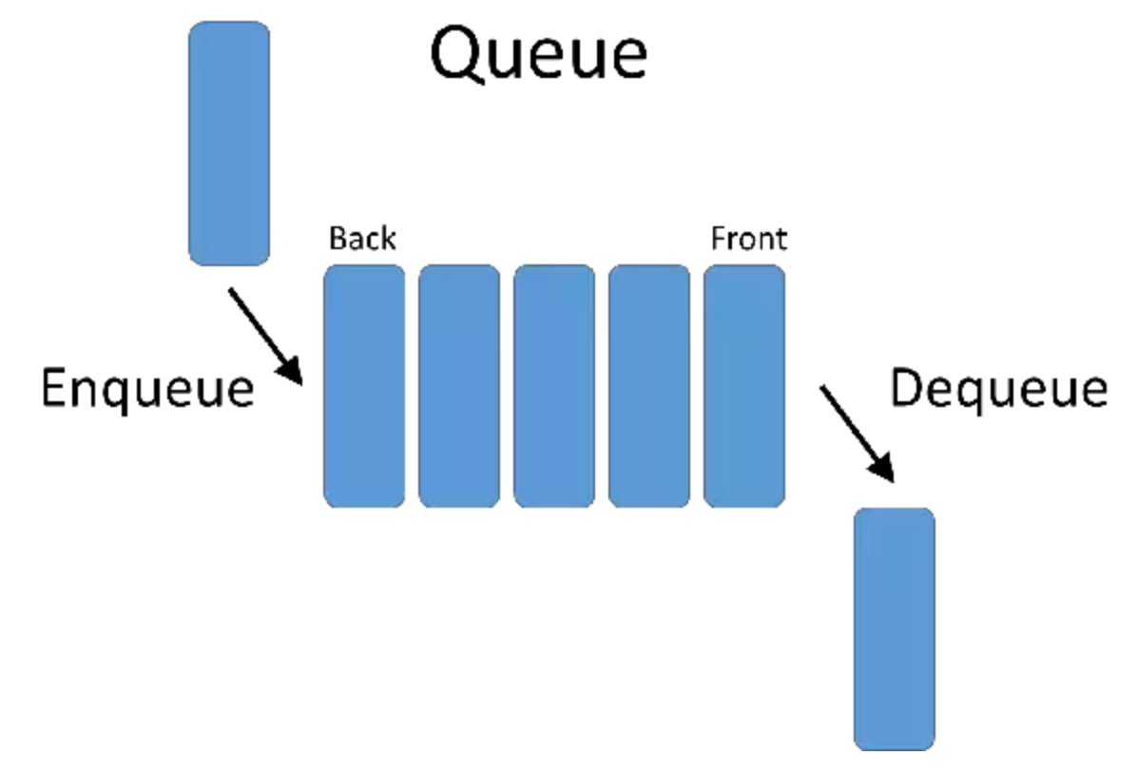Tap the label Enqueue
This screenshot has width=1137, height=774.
(147, 390)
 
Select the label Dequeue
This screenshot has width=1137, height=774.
(997, 390)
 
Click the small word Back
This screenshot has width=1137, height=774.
(362, 239)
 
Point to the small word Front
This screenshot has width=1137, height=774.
(749, 239)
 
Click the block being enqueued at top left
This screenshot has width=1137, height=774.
(229, 144)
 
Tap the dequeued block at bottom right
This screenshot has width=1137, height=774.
(894, 629)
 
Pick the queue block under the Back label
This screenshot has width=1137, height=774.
(364, 386)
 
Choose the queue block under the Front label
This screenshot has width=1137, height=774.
(744, 386)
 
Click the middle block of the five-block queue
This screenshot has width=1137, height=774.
(554, 386)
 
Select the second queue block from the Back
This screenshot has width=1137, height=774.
(459, 386)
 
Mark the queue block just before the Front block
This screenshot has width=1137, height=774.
(649, 386)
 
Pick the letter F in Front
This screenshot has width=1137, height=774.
(719, 239)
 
